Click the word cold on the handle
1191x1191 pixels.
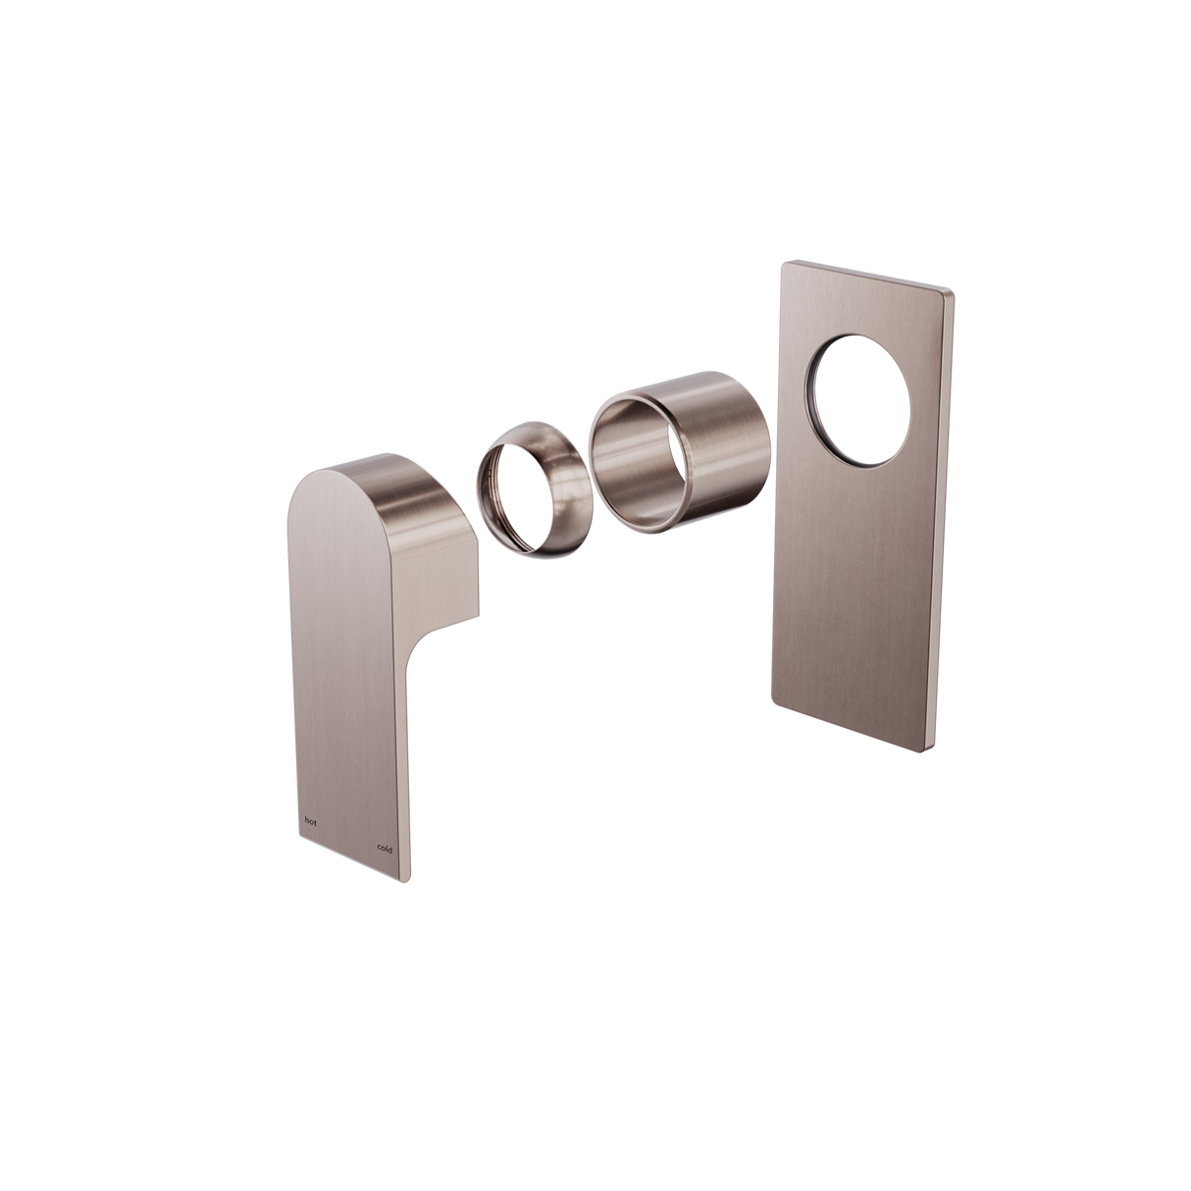click(385, 850)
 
